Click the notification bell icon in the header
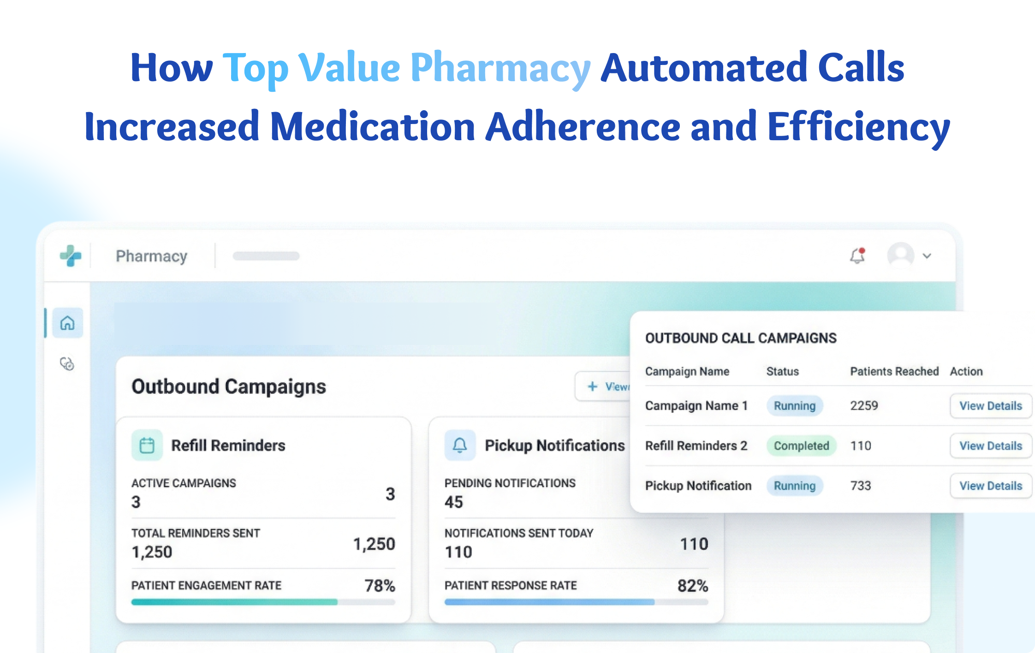[857, 256]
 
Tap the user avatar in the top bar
[900, 255]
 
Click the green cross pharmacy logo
[71, 255]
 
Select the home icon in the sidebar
[67, 323]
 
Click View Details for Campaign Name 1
[990, 406]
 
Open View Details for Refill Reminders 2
[990, 446]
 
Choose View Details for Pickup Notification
[990, 486]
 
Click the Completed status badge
[801, 446]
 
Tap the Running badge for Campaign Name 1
[794, 406]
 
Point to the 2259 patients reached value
[864, 406]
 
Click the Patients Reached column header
[894, 371]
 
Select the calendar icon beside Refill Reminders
[147, 445]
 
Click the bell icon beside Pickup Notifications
[460, 445]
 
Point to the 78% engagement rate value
[380, 586]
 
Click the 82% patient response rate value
[692, 586]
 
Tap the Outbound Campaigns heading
[229, 386]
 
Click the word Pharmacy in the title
[500, 68]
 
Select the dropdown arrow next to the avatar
[927, 256]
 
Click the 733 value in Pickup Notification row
[861, 486]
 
